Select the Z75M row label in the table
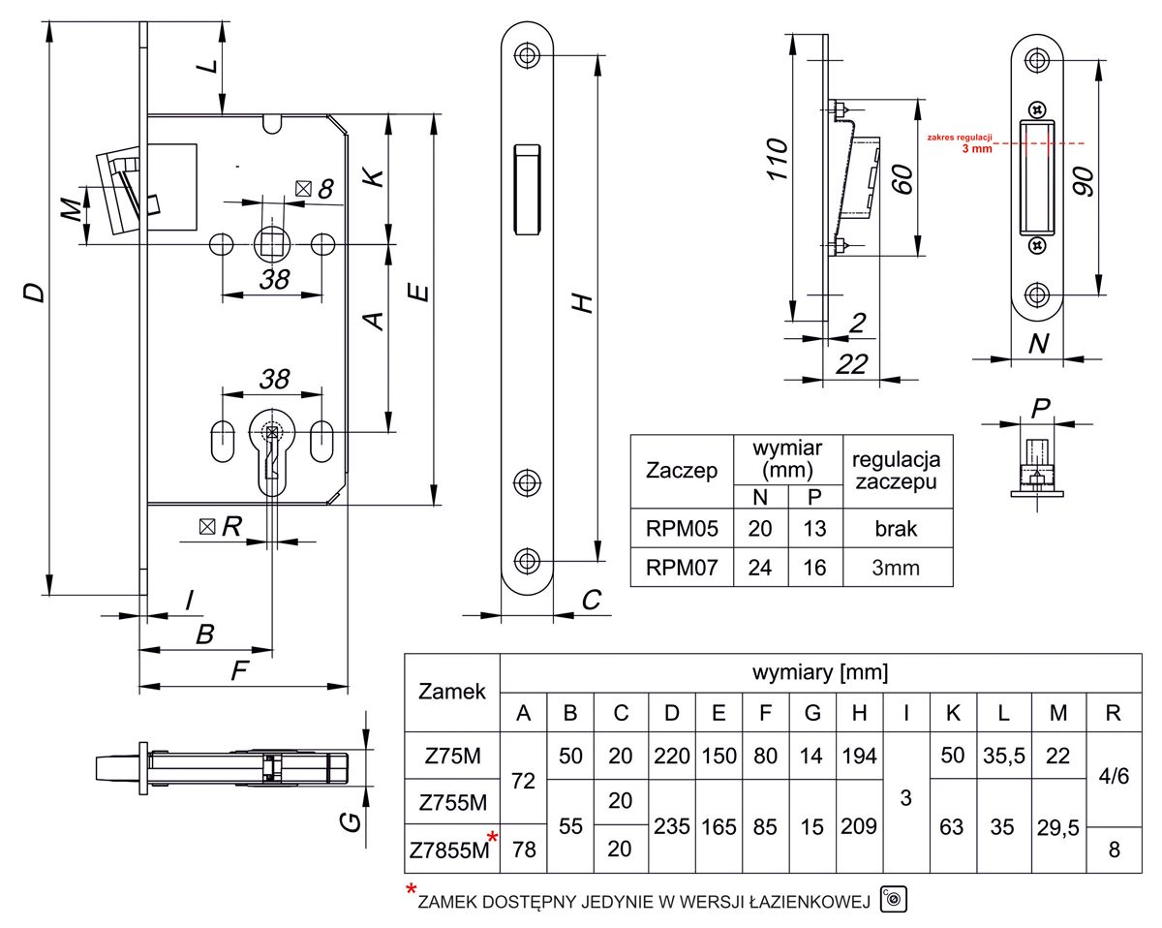pyautogui.click(x=451, y=756)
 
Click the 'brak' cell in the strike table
pyautogui.click(x=895, y=529)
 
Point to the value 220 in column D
pyautogui.click(x=671, y=756)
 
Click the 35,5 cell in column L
pyautogui.click(x=1004, y=756)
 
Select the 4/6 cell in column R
pyautogui.click(x=1113, y=778)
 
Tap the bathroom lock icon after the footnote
pyautogui.click(x=892, y=899)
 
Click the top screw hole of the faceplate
pyautogui.click(x=527, y=55)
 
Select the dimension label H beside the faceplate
pyautogui.click(x=580, y=302)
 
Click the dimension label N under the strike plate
pyautogui.click(x=1038, y=343)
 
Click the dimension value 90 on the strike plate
pyautogui.click(x=1084, y=180)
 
